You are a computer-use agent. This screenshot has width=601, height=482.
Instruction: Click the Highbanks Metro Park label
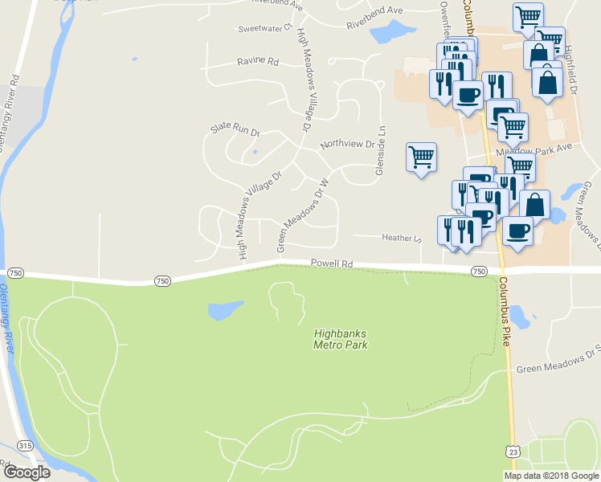340,338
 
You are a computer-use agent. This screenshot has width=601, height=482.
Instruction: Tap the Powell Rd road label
332,263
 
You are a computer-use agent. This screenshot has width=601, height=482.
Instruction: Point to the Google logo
27,472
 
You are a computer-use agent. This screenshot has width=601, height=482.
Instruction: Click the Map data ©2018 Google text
552,476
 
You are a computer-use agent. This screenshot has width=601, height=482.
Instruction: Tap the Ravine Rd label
257,62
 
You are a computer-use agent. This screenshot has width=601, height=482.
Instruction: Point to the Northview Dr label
347,145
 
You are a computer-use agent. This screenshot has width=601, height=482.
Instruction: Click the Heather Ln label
401,238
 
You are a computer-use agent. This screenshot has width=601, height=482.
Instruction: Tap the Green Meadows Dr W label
304,215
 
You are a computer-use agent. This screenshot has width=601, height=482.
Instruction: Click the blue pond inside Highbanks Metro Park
224,310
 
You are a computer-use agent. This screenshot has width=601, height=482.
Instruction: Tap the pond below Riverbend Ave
388,31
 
